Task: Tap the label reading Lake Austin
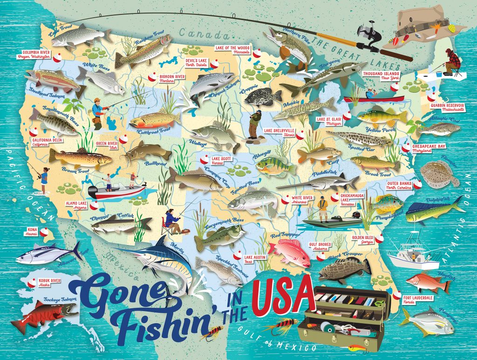point(254,259)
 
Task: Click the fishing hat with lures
point(429,28)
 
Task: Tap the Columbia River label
point(36,54)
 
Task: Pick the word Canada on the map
point(201,33)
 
